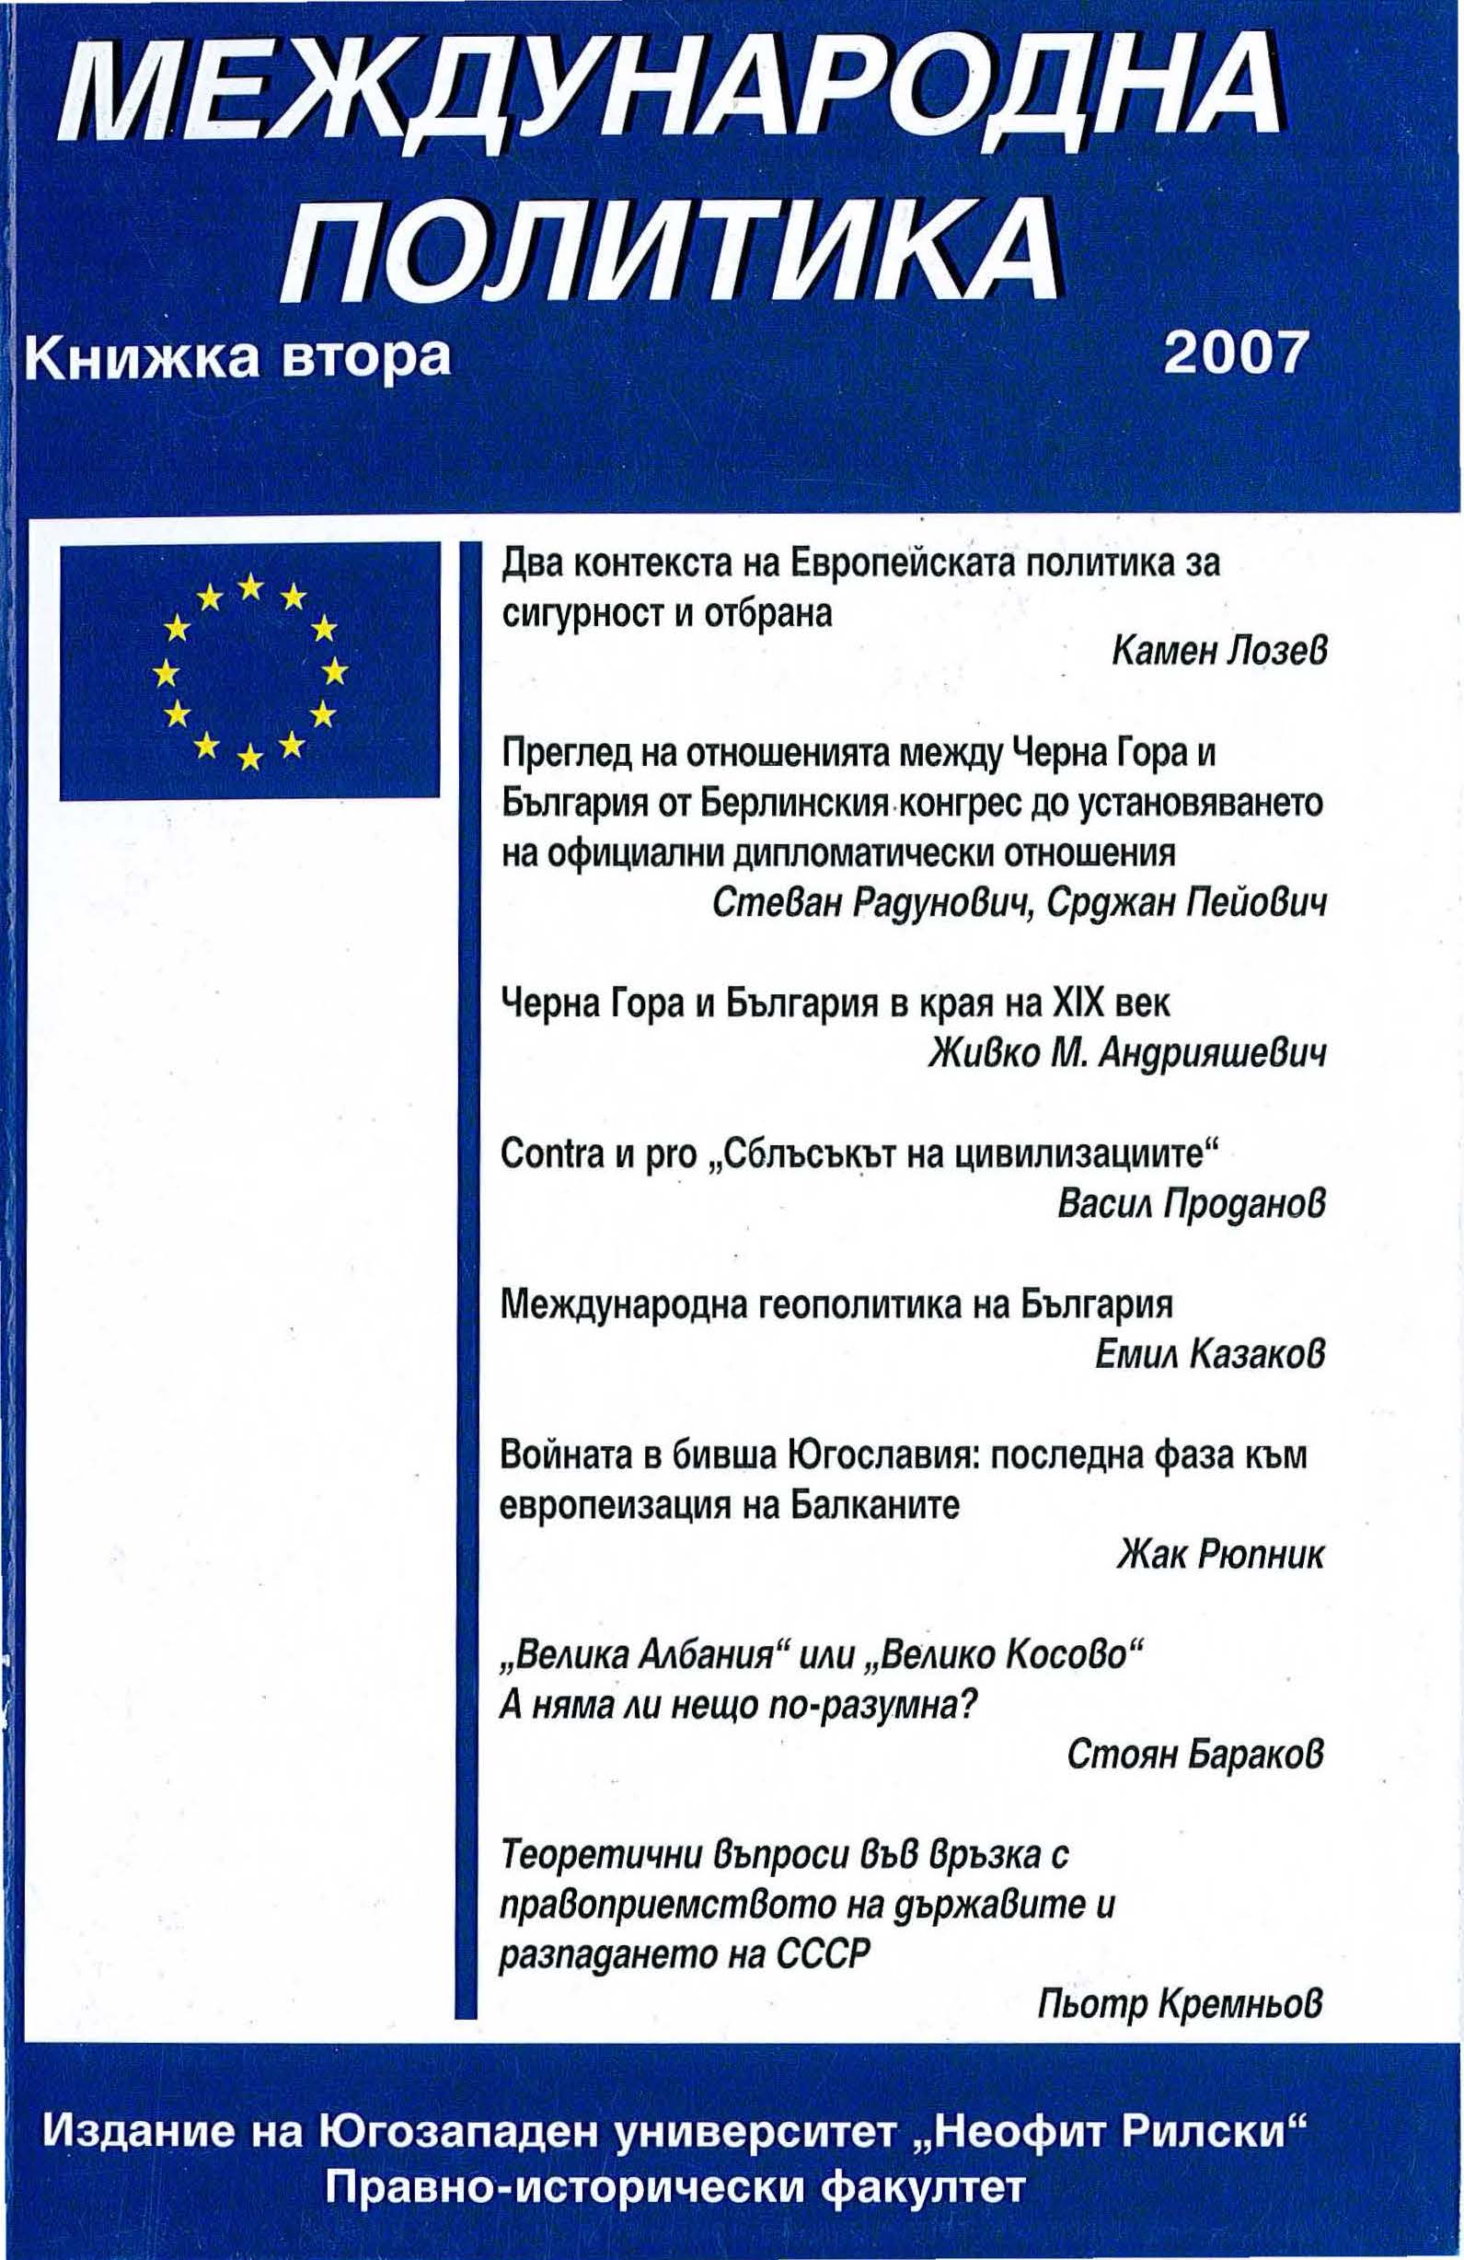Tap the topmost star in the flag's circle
click(249, 585)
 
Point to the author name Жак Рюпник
click(1221, 1556)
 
